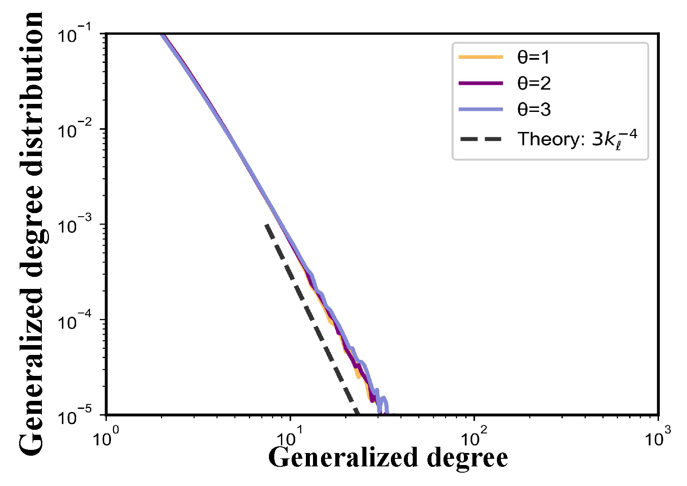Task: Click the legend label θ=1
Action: tap(534, 58)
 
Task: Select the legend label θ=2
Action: tap(534, 83)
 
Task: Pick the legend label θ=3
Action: tap(534, 109)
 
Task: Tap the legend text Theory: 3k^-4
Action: tap(577, 139)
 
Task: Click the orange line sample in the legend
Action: tap(481, 58)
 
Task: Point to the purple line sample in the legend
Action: tap(481, 83)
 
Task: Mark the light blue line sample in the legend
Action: tap(481, 109)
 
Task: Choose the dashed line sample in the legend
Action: tap(481, 139)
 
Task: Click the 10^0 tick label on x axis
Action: tap(106, 437)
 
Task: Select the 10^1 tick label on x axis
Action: tap(290, 437)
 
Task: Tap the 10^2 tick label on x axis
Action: tap(474, 437)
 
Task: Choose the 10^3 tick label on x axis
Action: tap(658, 437)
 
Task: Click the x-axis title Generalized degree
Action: tap(388, 458)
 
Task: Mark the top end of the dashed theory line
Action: tap(266, 225)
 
